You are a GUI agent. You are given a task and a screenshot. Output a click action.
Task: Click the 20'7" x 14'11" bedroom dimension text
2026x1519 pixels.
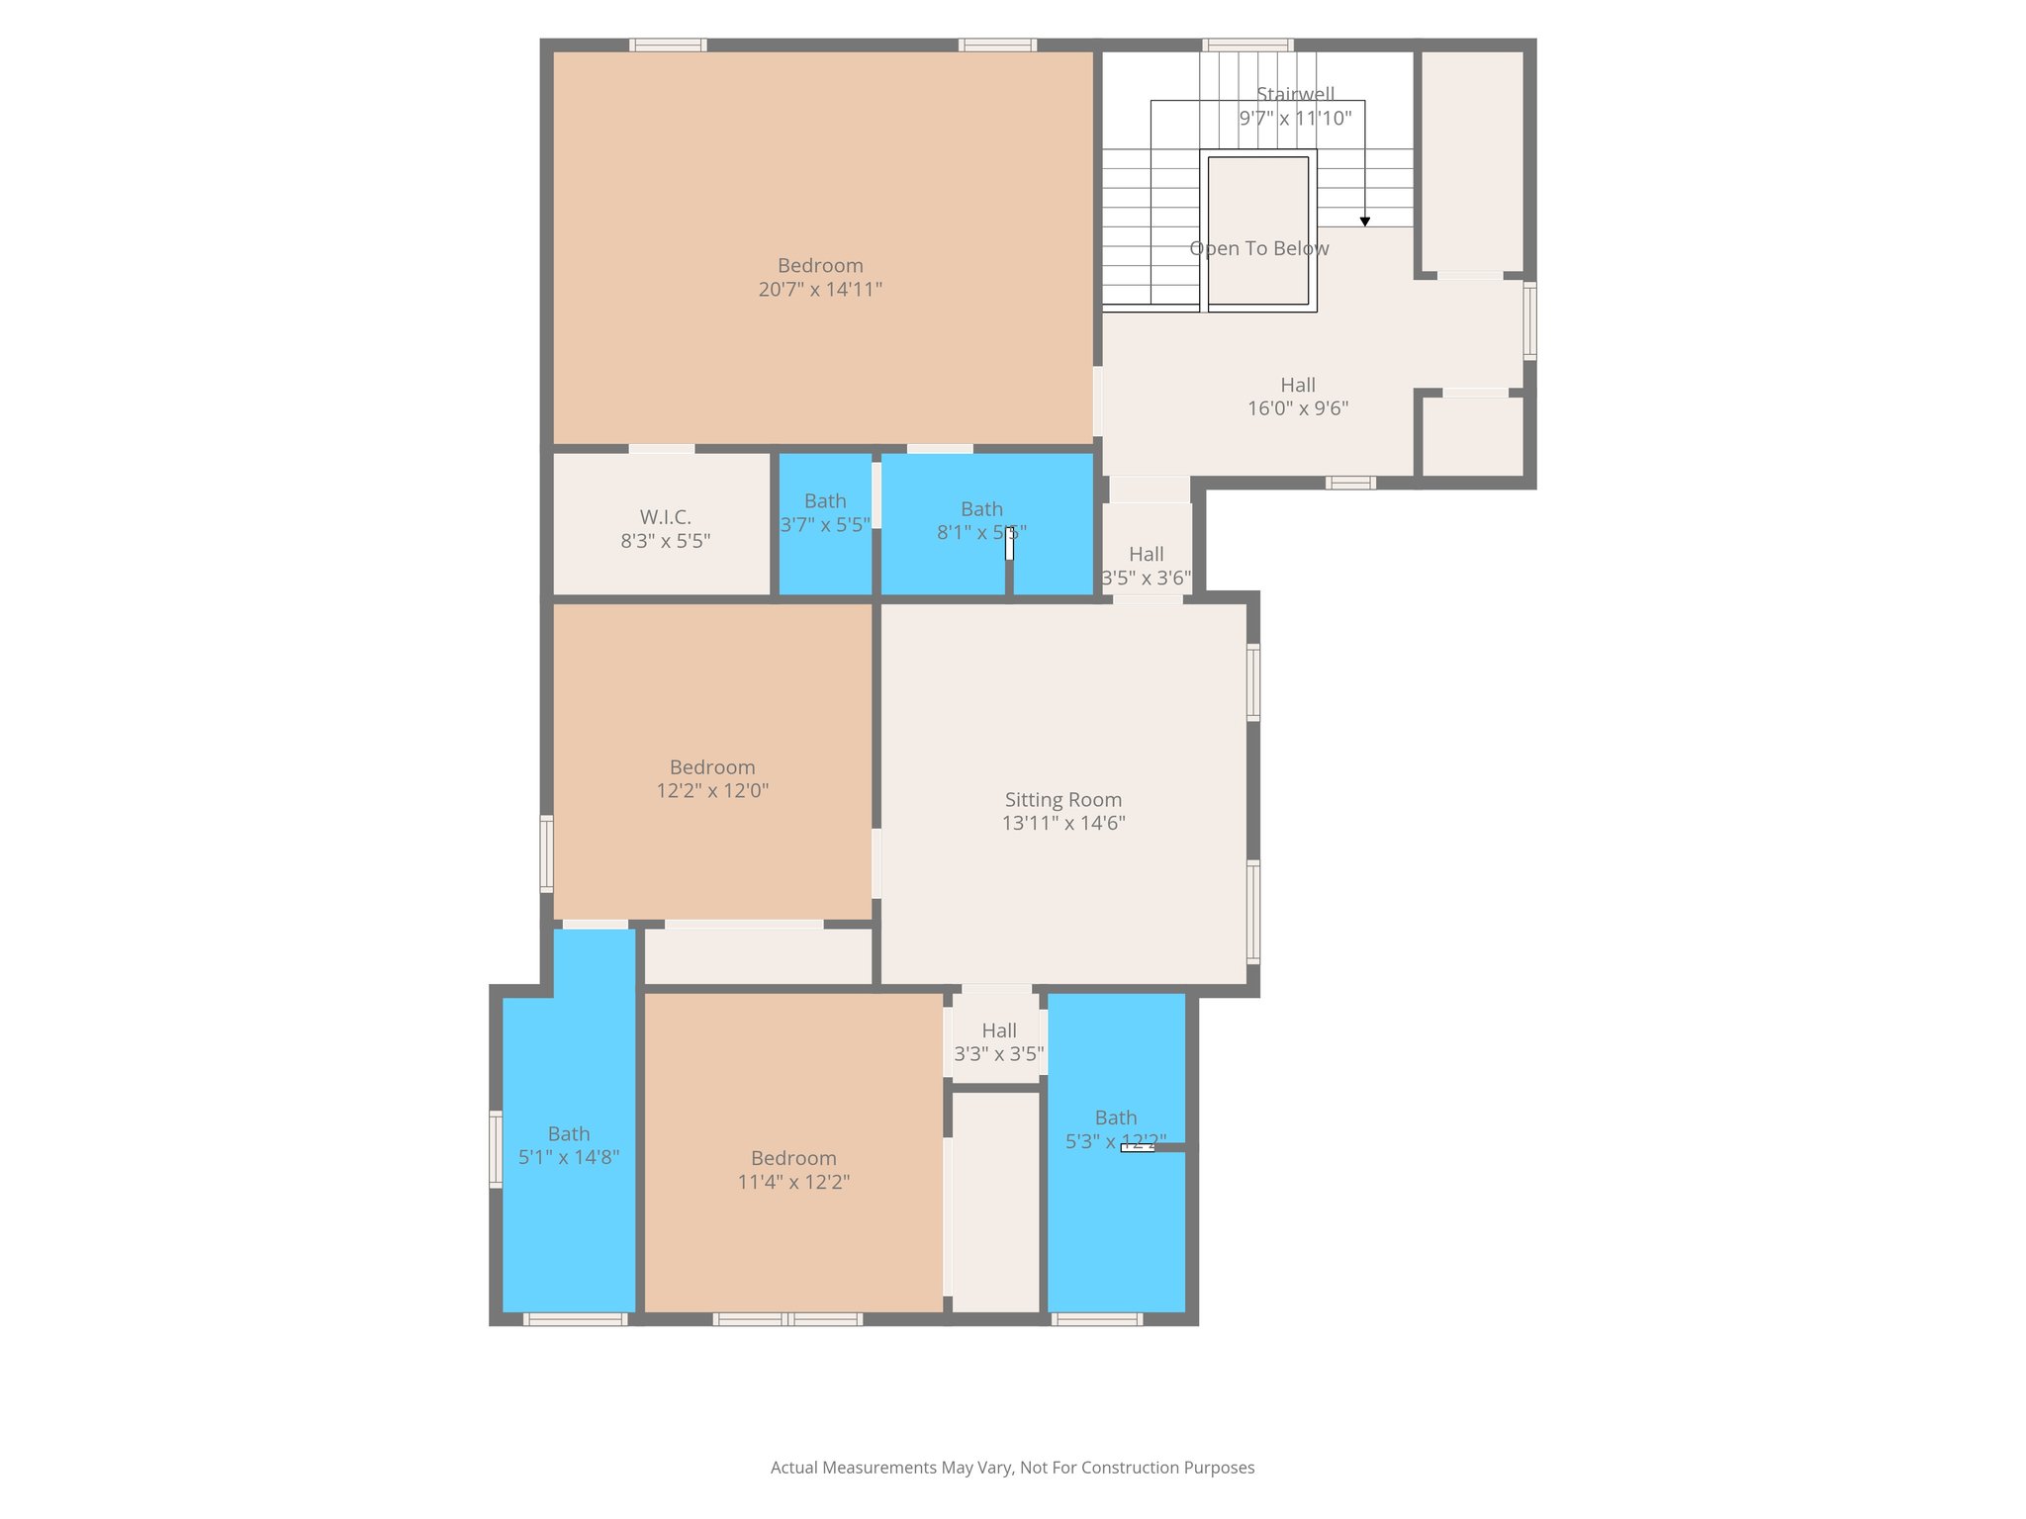pyautogui.click(x=820, y=290)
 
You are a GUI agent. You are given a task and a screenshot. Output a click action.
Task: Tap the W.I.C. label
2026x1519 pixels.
pyautogui.click(x=665, y=517)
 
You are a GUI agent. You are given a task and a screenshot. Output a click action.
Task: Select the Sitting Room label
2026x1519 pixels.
pyautogui.click(x=1063, y=800)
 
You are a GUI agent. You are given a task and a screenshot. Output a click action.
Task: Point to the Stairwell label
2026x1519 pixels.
pyautogui.click(x=1295, y=94)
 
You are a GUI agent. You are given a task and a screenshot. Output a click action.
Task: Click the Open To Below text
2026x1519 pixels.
pyautogui.click(x=1258, y=248)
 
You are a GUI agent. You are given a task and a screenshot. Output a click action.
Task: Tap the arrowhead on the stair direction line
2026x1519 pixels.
pyautogui.click(x=1365, y=222)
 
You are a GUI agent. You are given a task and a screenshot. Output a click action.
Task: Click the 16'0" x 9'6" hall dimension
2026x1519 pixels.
pyautogui.click(x=1298, y=408)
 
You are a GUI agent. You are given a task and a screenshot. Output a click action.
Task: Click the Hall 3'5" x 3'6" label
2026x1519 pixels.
pyautogui.click(x=1147, y=566)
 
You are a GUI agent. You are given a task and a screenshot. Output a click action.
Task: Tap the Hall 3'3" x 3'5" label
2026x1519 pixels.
pyautogui.click(x=999, y=1042)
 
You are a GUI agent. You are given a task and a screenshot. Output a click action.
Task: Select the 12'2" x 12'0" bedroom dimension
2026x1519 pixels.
pyautogui.click(x=712, y=791)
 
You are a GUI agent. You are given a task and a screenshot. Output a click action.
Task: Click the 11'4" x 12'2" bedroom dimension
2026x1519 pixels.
pyautogui.click(x=793, y=1182)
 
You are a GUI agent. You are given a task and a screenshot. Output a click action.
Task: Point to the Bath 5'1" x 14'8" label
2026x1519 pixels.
pyautogui.click(x=569, y=1145)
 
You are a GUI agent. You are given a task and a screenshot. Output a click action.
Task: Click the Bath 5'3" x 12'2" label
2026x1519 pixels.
pyautogui.click(x=1116, y=1129)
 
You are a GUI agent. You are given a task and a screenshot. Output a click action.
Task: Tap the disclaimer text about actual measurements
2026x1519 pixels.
pyautogui.click(x=1012, y=1468)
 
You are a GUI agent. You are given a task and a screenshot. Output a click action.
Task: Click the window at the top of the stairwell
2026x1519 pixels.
pyautogui.click(x=1247, y=45)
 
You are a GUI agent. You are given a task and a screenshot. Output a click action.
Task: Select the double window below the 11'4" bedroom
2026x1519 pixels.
pyautogui.click(x=787, y=1318)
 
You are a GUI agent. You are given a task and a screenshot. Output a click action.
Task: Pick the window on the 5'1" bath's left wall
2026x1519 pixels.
pyautogui.click(x=496, y=1148)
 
